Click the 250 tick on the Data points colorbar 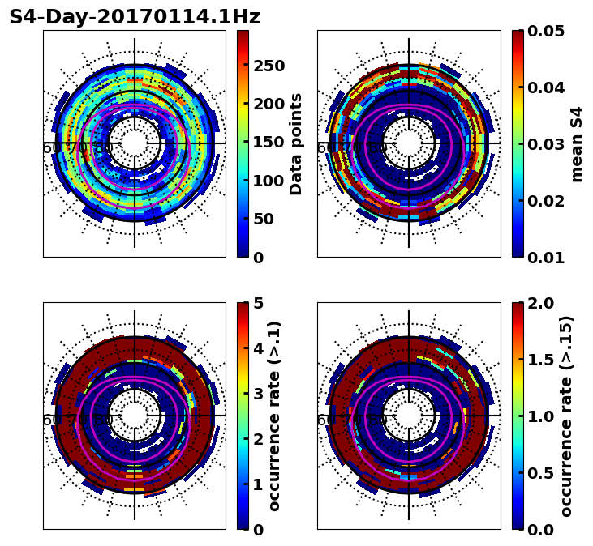tap(269, 66)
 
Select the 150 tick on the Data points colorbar tap(269, 142)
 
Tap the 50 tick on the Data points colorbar tap(264, 219)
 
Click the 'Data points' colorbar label tap(296, 144)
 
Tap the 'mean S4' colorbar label tap(577, 144)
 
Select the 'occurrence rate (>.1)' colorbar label tap(274, 416)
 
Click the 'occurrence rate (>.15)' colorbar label tap(566, 416)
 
